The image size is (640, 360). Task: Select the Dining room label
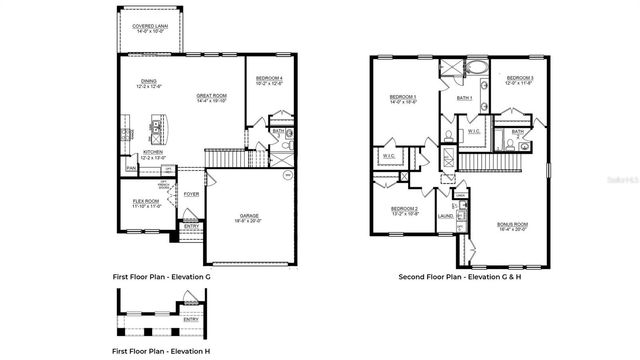click(148, 83)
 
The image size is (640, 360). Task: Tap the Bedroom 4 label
click(269, 80)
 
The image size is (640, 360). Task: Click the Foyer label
click(190, 193)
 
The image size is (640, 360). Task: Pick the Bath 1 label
click(464, 98)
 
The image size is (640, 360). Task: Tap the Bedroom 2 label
click(404, 210)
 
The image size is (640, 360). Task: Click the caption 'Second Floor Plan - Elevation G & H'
click(462, 276)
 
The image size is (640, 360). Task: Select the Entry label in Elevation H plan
click(191, 319)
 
